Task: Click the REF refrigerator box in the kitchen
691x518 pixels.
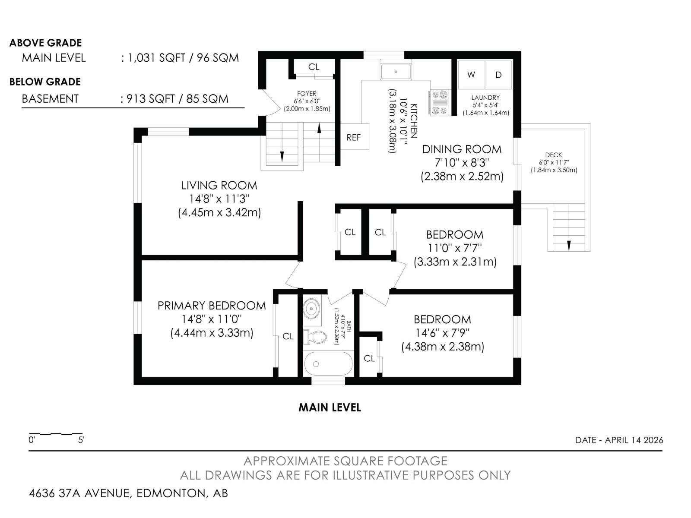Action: [354, 137]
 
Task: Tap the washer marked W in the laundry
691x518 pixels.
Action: [471, 75]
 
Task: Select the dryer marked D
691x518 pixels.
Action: [498, 75]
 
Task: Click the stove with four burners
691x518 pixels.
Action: [439, 103]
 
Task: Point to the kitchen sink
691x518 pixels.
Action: [396, 70]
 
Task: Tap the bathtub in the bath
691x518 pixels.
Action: [328, 364]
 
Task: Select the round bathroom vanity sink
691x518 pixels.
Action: [311, 310]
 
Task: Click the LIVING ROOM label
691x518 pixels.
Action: [219, 186]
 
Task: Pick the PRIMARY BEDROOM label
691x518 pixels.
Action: [212, 306]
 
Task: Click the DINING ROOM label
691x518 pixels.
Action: [462, 149]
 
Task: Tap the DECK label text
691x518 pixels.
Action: [554, 155]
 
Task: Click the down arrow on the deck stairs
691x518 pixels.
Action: [569, 245]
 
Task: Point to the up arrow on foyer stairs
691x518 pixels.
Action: [319, 128]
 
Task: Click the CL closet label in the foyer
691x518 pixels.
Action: [314, 67]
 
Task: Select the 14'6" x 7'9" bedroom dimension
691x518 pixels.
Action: [442, 333]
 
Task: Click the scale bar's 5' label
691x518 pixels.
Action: [81, 440]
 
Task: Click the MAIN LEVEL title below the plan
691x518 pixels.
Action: [330, 407]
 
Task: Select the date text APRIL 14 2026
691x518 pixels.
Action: [634, 440]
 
